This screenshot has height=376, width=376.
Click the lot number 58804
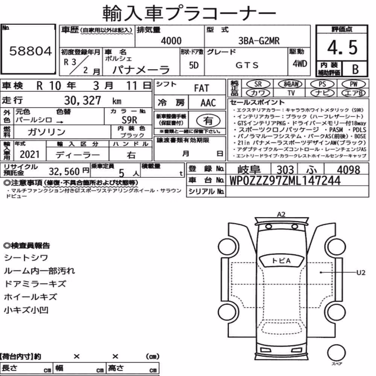pyautogui.click(x=30, y=51)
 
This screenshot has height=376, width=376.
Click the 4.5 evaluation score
pyautogui.click(x=342, y=47)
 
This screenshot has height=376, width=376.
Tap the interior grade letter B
pyautogui.click(x=355, y=69)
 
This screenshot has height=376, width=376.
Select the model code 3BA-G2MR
pyautogui.click(x=259, y=41)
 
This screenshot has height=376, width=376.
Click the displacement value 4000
pyautogui.click(x=171, y=41)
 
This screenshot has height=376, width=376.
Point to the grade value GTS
pyautogui.click(x=247, y=65)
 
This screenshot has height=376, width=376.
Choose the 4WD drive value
pyautogui.click(x=300, y=64)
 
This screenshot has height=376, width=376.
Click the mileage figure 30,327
pyautogui.click(x=82, y=100)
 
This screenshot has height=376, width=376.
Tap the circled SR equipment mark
pyautogui.click(x=258, y=84)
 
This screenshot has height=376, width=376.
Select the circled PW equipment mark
pyautogui.click(x=353, y=84)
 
